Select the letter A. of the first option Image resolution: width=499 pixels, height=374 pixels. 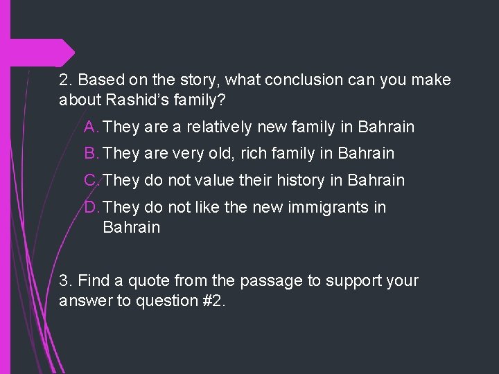tap(91, 127)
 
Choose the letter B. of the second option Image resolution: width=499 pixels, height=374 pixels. tap(91, 153)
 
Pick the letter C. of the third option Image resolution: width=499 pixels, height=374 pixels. tap(92, 181)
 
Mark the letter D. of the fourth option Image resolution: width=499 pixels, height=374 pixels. tap(92, 207)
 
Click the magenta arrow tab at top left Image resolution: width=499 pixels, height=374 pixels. tap(66, 53)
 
